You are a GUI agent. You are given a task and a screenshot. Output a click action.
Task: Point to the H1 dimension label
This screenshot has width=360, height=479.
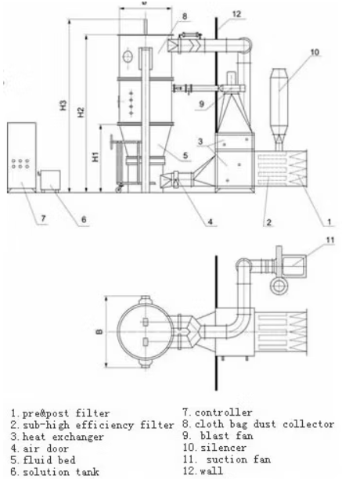pyautogui.click(x=95, y=157)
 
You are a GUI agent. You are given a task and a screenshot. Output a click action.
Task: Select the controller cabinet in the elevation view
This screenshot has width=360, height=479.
pyautogui.click(x=21, y=157)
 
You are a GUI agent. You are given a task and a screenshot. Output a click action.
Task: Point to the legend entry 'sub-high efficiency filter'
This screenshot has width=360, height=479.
pyautogui.click(x=92, y=424)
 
